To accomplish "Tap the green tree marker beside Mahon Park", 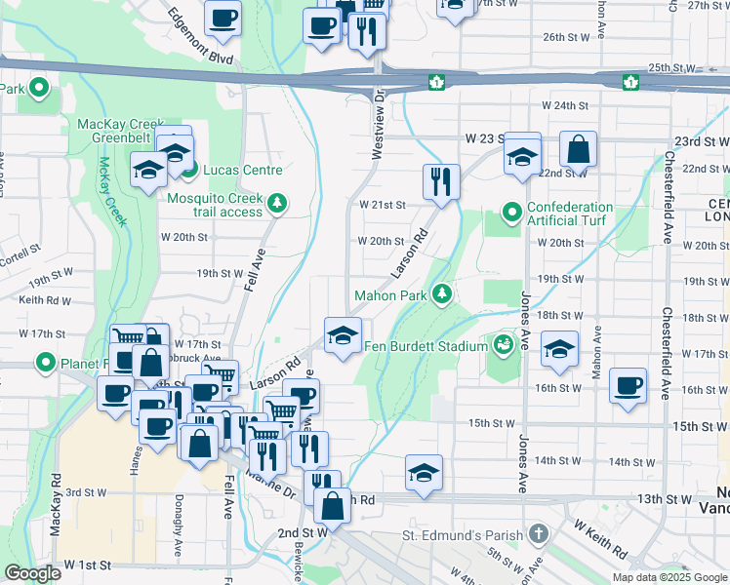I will (442, 293).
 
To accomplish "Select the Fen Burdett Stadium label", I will (426, 346).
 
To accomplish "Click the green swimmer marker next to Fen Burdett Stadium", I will (503, 345).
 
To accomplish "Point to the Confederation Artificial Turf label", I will (570, 214).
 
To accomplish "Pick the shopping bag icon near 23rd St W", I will (578, 150).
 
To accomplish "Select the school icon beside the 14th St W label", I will (425, 473).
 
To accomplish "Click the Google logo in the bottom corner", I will (32, 573).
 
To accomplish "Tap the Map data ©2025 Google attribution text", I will (669, 577).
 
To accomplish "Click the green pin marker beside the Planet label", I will (45, 365).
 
